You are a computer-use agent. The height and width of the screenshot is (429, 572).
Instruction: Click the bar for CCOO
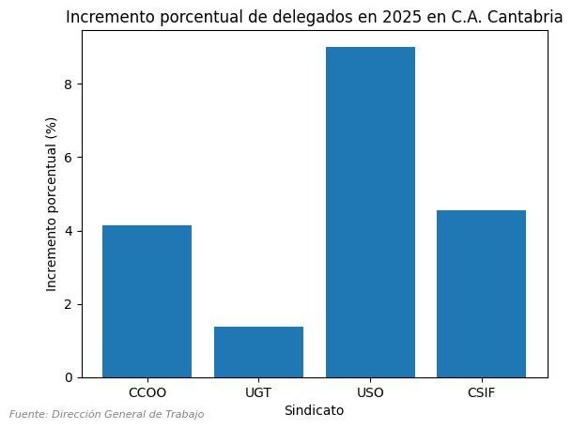coord(147,301)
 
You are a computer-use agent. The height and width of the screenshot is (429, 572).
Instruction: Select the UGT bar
coord(258,352)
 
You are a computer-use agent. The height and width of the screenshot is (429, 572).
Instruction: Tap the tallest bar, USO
coord(370,212)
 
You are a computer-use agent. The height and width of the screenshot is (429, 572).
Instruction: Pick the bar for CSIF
coord(481,294)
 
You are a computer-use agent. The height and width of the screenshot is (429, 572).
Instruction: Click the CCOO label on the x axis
coord(147,393)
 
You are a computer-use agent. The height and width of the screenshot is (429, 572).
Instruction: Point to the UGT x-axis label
coord(258,393)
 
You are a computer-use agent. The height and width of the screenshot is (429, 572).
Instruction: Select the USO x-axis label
coord(370,393)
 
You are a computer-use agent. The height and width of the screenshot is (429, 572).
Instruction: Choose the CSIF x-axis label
coord(481,393)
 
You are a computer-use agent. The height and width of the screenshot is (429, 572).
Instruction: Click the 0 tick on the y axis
coord(70,378)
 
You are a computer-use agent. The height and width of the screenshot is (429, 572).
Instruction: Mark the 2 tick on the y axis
coord(70,305)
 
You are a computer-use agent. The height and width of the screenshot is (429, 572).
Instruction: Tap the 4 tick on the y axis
coord(70,231)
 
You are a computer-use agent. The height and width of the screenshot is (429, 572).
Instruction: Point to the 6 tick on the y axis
coord(70,158)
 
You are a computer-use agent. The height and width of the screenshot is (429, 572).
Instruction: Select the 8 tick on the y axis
coord(70,84)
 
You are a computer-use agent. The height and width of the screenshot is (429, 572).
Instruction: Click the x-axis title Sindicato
coord(314,411)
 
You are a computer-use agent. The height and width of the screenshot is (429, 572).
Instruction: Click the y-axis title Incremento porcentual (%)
coord(52,204)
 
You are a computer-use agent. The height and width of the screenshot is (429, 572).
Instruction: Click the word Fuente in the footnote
coord(28,414)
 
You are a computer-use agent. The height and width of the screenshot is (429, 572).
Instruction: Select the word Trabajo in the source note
coord(183,414)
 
